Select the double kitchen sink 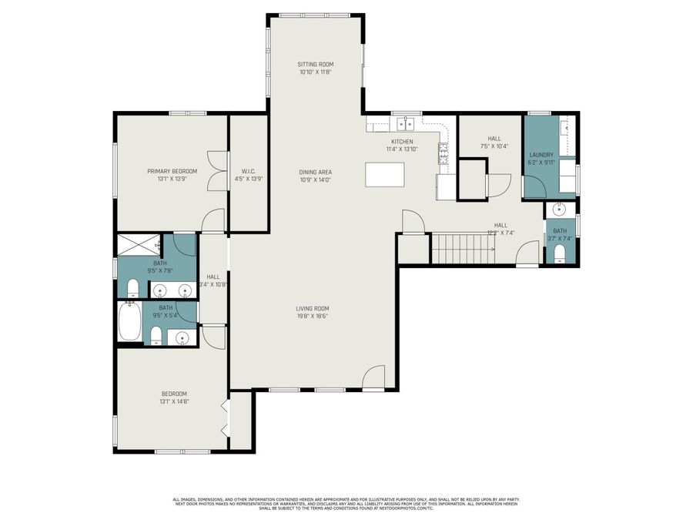404,123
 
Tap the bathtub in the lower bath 130,322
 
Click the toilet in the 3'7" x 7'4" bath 560,253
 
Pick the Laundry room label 541,155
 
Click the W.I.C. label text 248,171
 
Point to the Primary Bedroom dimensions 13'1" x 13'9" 172,179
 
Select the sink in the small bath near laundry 560,210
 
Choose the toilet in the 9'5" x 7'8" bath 132,289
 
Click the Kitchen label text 402,142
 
